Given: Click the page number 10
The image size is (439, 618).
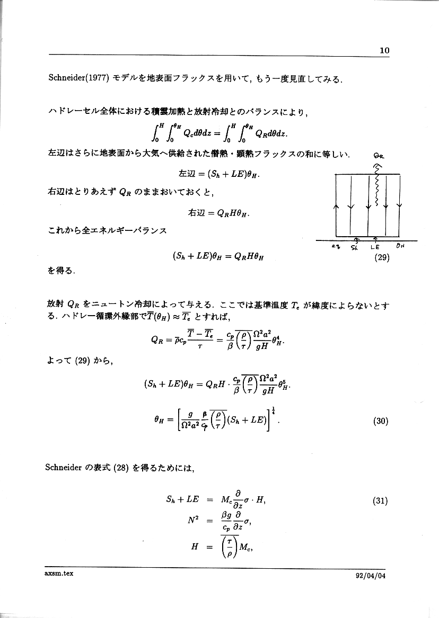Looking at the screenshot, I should coord(384,50).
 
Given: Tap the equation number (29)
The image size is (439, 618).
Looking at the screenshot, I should coord(382,258).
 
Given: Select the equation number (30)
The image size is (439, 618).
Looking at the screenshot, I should coord(382,422).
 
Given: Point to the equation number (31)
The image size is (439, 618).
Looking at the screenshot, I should coord(382,500).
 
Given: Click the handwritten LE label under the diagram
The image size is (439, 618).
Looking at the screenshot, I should coord(375,247).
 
